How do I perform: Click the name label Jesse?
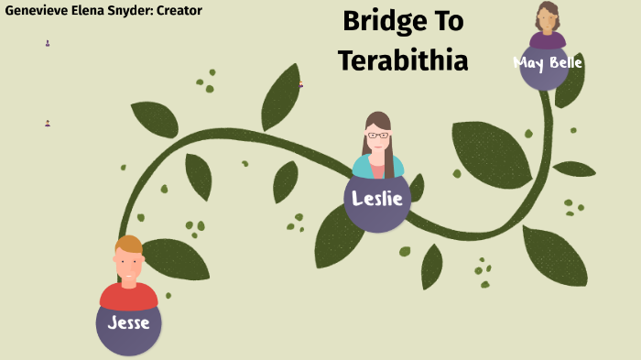pos(129,322)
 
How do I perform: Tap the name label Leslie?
pos(377,198)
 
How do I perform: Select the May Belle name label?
pos(548,63)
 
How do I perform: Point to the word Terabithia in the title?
pos(403,60)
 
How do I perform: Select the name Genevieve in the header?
pos(36,11)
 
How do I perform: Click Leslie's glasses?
pos(377,136)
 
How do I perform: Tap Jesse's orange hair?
pos(129,245)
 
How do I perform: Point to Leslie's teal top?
pos(364,168)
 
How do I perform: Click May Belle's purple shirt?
pos(548,39)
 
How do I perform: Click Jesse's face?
pos(129,267)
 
